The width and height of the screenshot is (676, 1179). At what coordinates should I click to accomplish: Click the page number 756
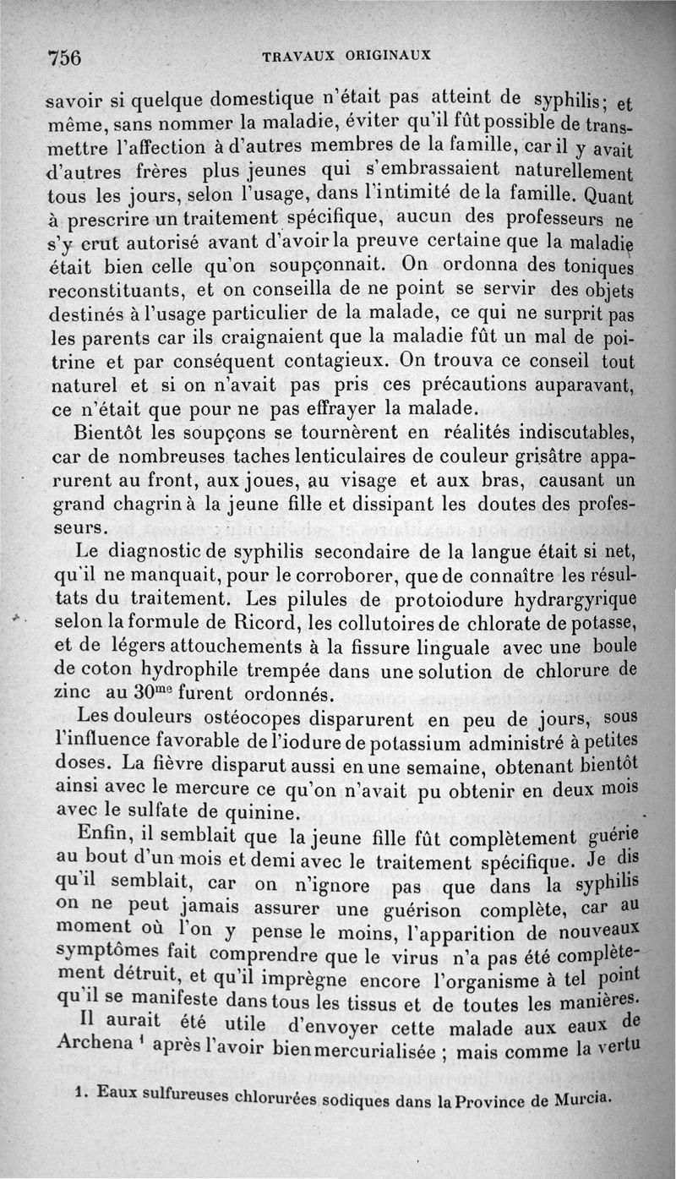point(64,57)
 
